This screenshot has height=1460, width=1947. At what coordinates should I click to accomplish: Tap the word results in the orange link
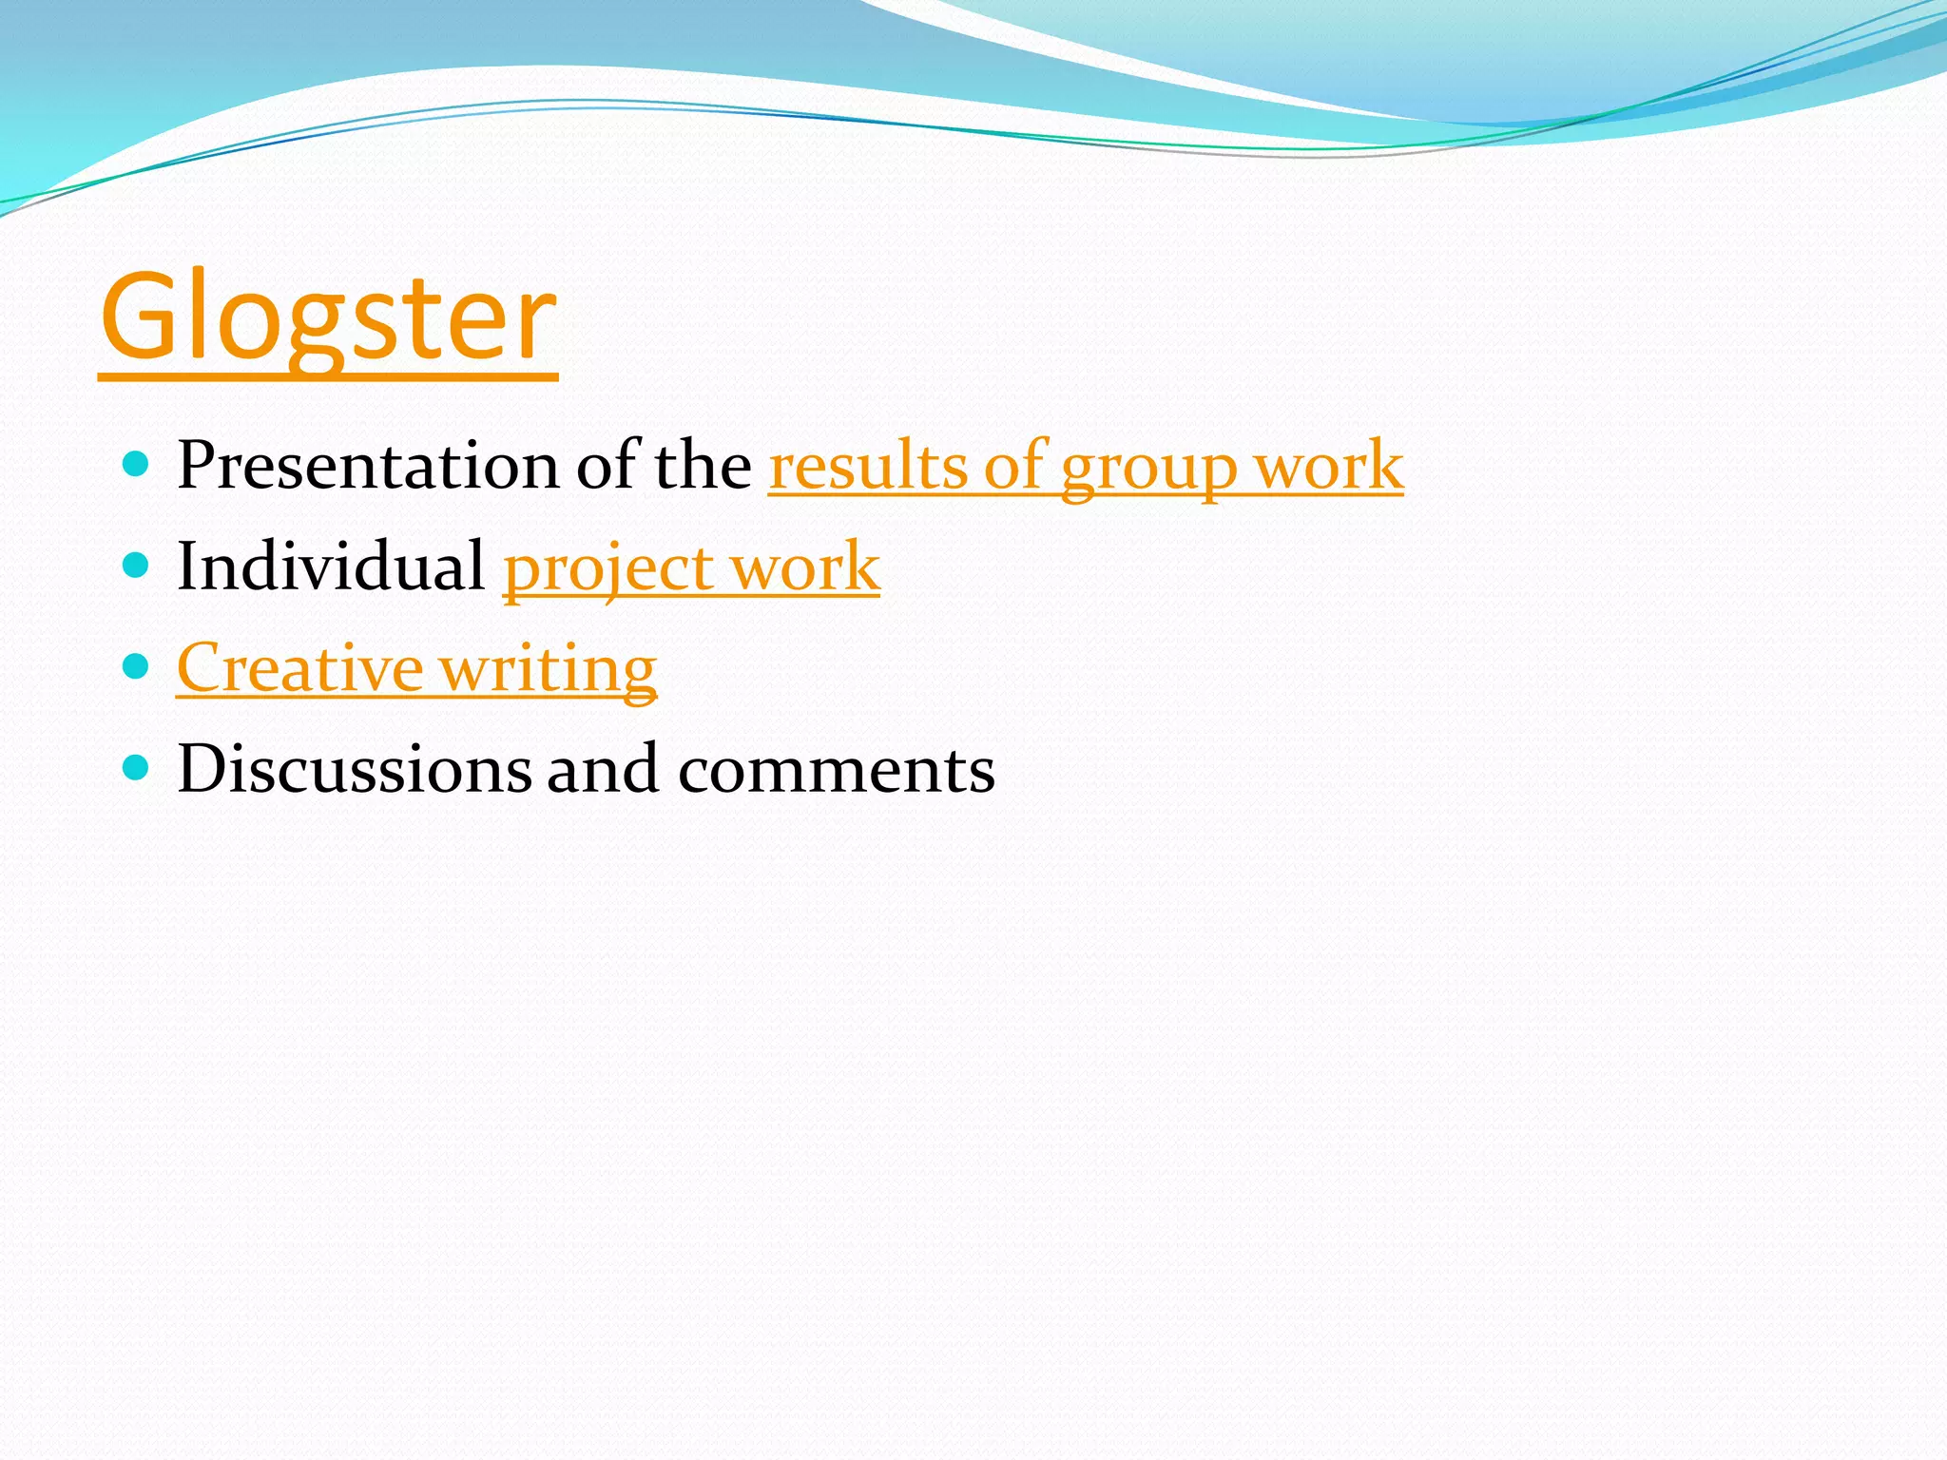click(x=867, y=466)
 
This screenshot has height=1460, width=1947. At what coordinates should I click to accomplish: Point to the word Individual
click(x=331, y=567)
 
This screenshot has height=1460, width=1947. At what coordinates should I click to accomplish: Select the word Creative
click(x=299, y=667)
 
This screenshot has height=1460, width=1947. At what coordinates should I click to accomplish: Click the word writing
click(x=549, y=669)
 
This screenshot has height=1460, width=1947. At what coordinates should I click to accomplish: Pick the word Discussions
click(x=354, y=768)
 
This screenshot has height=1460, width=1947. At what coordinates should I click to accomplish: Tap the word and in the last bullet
click(x=603, y=768)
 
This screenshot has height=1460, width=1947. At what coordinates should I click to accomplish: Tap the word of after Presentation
click(x=607, y=466)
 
